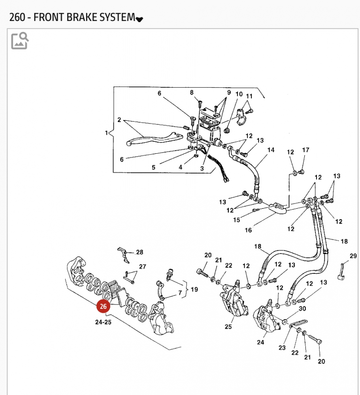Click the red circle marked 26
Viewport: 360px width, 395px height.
[104, 307]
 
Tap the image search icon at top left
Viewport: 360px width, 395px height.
[20, 41]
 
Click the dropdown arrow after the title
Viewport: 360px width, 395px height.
[139, 19]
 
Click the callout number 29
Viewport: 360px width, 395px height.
[353, 256]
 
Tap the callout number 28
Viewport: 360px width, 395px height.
[139, 252]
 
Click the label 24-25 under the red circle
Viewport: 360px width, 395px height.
[104, 322]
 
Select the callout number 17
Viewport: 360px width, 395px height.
[305, 150]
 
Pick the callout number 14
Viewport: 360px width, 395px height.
[271, 150]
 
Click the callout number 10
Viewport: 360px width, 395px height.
[239, 94]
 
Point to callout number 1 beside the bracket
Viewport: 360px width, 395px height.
[106, 133]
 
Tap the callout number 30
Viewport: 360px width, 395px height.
[302, 308]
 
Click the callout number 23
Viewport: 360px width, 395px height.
[282, 348]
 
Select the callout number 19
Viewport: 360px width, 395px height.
[194, 289]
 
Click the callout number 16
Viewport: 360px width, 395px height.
[248, 230]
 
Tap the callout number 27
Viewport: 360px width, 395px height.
[143, 267]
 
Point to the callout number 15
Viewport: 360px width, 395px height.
[236, 220]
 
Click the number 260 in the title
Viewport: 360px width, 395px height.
[17, 17]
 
